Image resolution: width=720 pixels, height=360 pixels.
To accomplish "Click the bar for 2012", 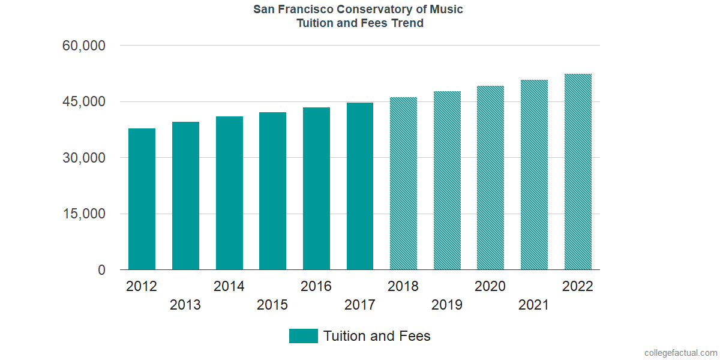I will click(x=142, y=199).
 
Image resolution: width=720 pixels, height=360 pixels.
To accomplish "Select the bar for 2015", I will click(x=272, y=191).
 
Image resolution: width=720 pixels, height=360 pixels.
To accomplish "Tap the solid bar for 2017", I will click(x=359, y=186).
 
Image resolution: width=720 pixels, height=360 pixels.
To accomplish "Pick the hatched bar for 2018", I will click(x=403, y=184).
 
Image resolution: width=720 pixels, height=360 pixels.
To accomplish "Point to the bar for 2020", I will click(x=490, y=178).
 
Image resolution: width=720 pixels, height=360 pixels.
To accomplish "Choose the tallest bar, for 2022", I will click(x=578, y=172).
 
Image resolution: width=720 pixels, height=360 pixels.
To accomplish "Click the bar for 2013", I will click(x=185, y=196).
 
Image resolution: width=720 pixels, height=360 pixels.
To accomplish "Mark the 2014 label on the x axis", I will click(x=229, y=286).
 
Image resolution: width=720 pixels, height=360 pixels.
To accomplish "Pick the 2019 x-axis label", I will click(x=447, y=305).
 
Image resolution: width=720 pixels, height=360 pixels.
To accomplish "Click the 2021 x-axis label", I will click(x=534, y=305).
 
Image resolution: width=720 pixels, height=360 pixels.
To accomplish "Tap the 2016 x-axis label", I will click(x=316, y=286).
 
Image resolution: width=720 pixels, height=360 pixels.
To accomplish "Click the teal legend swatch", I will click(x=303, y=336).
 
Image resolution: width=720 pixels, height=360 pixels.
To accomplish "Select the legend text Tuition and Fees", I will click(x=377, y=336).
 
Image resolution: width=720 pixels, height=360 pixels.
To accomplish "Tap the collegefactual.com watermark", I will click(x=680, y=353).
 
